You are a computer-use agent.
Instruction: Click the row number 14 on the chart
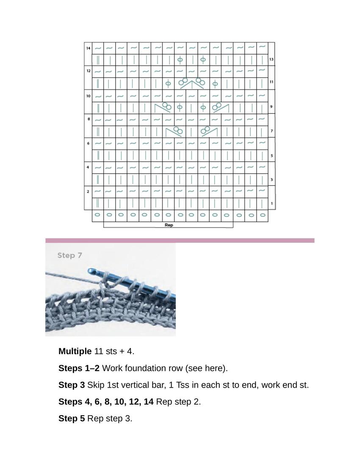coord(88,48)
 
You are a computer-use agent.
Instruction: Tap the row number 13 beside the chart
coord(271,60)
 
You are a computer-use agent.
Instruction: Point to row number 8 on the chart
coord(89,119)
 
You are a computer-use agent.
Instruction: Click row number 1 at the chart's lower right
coord(271,204)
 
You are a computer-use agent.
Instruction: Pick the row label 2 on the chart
coord(88,191)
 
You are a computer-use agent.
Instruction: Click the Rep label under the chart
coord(169,225)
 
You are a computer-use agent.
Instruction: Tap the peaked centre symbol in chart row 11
coord(192,83)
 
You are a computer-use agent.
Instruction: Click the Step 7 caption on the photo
coord(69,255)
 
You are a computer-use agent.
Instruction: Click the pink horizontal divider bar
coord(180,240)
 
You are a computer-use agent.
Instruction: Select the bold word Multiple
coord(75,351)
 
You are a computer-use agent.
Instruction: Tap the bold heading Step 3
coord(72,385)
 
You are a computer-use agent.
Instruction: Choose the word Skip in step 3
coord(96,385)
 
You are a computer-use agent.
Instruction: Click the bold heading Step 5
coord(72,419)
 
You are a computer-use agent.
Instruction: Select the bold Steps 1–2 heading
coord(79,368)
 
